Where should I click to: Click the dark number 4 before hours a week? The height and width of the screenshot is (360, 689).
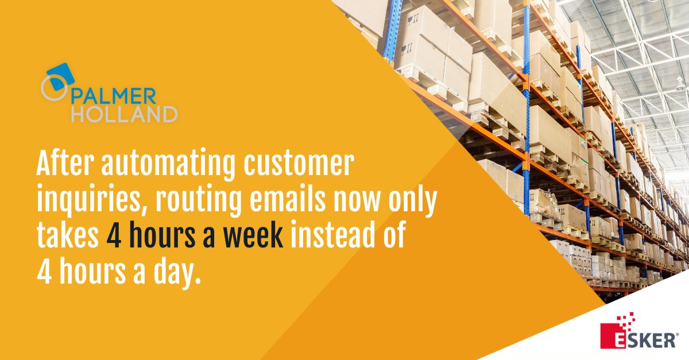click(x=112, y=236)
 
